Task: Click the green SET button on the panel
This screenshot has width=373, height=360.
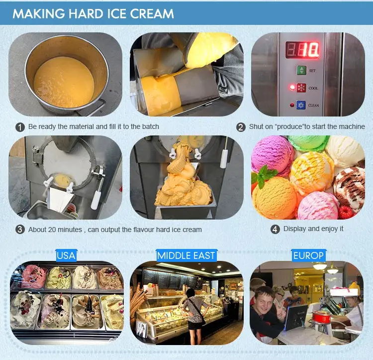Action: (x=301, y=70)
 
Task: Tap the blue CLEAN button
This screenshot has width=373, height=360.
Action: (x=301, y=105)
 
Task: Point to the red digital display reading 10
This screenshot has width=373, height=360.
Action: (x=302, y=50)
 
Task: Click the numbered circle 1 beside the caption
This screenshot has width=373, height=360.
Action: (x=20, y=127)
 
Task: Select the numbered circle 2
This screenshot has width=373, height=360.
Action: (x=241, y=127)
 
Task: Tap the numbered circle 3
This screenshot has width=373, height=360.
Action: (x=20, y=230)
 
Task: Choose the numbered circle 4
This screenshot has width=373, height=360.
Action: (x=275, y=229)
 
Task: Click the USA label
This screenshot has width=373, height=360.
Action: (x=66, y=255)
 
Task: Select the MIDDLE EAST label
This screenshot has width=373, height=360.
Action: (x=186, y=255)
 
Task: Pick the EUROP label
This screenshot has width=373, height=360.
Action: (x=308, y=255)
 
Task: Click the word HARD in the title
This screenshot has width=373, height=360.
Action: (x=87, y=13)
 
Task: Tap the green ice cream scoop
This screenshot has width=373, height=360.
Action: (x=308, y=142)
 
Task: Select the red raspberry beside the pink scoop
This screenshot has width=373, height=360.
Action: (x=346, y=212)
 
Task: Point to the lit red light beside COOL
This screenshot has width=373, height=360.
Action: (x=292, y=87)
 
